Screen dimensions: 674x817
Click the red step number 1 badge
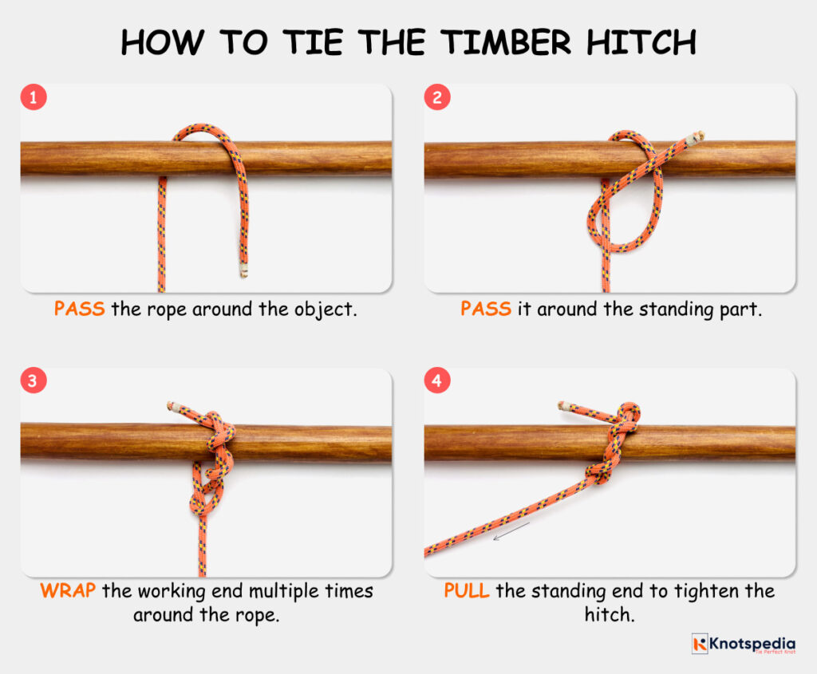tap(34, 97)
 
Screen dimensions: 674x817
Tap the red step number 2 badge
tap(437, 97)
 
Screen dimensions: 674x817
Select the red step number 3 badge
tap(34, 381)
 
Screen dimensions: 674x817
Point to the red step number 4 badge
tap(437, 381)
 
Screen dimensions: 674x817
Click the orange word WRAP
tap(62, 592)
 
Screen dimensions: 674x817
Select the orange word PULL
tap(467, 592)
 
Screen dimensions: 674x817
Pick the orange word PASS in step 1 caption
tap(79, 309)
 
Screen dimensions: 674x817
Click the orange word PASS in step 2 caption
tap(485, 309)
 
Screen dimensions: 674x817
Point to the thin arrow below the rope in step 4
tap(511, 530)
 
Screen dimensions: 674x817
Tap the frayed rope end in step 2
tap(699, 136)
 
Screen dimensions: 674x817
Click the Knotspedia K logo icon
tap(700, 644)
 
